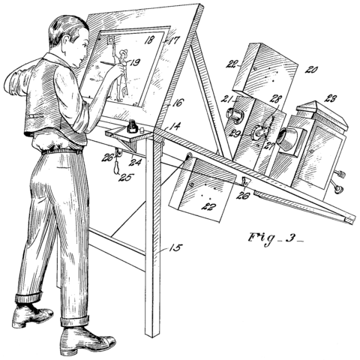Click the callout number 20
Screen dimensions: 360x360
(309, 69)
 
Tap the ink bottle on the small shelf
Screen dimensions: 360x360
(133, 127)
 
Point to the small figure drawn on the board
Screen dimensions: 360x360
(120, 75)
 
